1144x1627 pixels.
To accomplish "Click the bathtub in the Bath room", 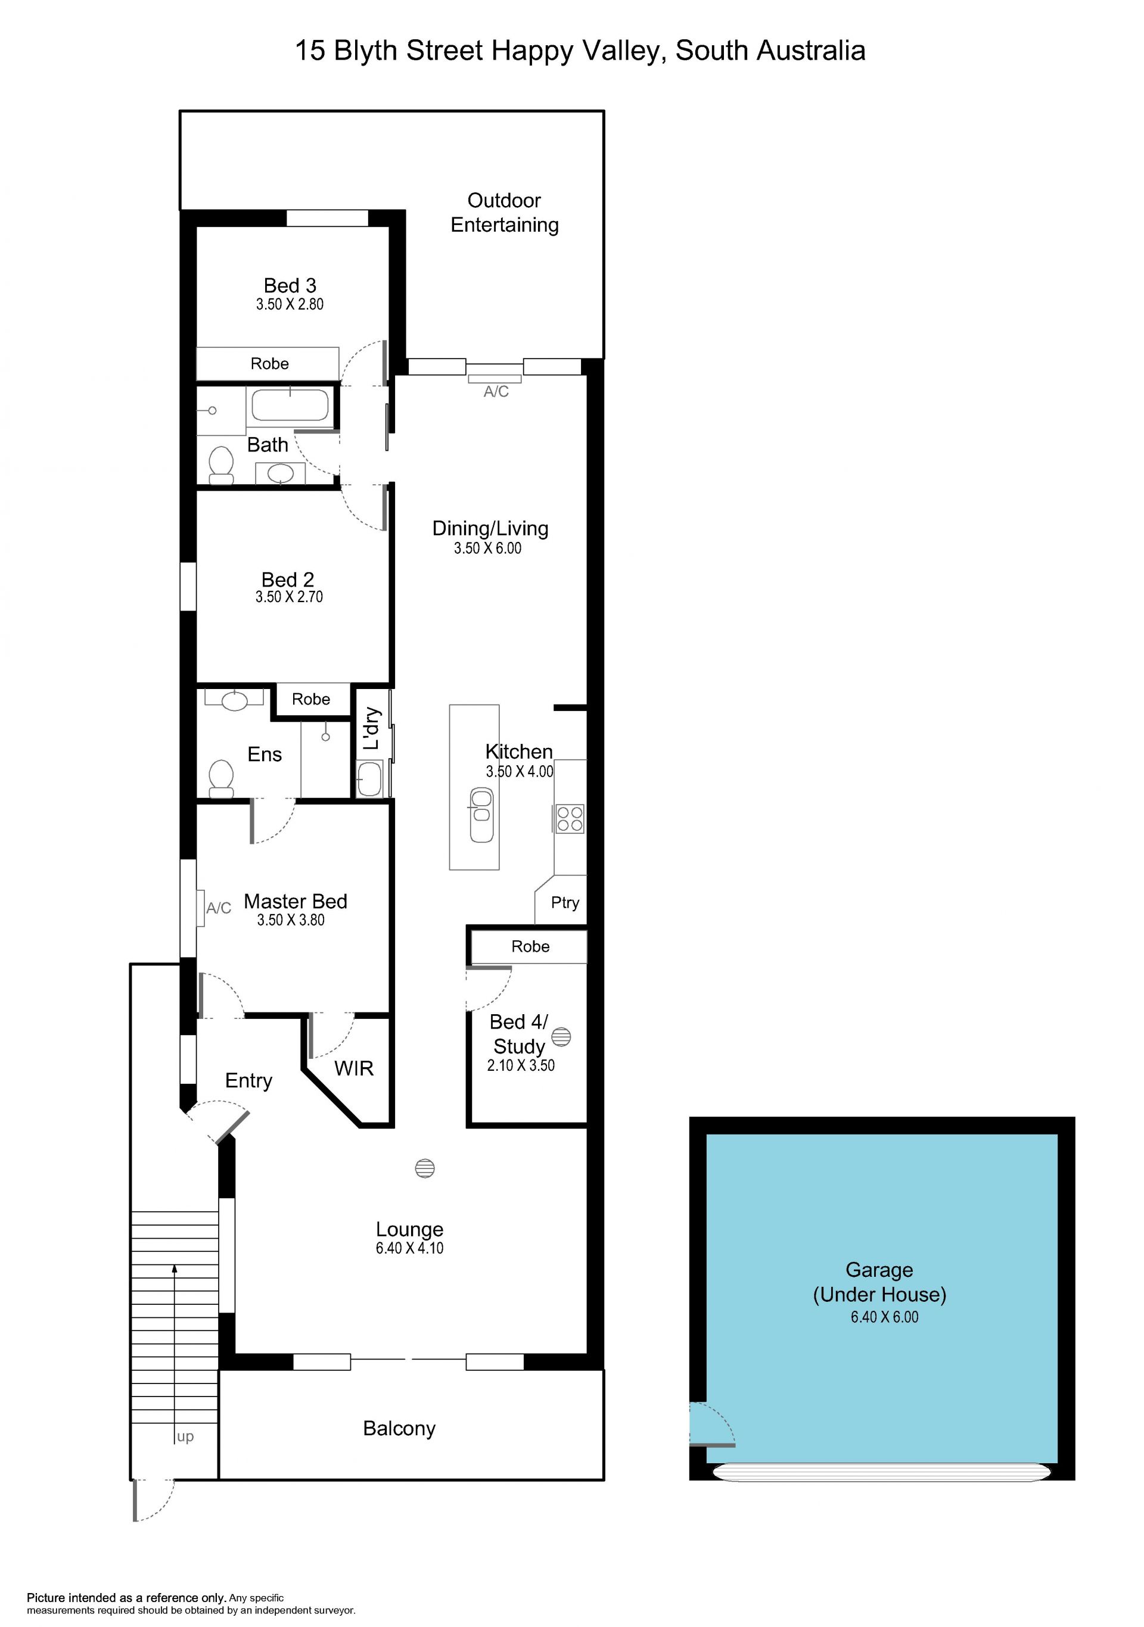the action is coord(291,404).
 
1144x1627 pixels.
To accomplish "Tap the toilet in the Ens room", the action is coord(221,778).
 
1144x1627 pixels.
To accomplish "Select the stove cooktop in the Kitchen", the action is coord(569,818).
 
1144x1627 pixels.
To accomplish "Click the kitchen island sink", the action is coord(481,815).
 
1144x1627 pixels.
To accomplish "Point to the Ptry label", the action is coord(565,903).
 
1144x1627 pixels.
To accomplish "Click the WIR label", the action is coord(354,1068).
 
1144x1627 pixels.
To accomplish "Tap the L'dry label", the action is coord(371,728).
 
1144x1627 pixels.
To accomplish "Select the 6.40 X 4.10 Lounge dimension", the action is coord(410,1248).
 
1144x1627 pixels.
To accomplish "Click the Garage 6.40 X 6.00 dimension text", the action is coord(885,1317).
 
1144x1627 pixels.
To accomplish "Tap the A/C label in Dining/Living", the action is coord(496,391).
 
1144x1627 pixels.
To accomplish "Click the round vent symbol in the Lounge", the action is coord(425,1168).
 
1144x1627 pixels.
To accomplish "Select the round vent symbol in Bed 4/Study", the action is coord(561,1037).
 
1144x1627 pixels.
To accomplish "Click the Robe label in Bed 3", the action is coord(269,363).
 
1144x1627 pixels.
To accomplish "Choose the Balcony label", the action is coord(399,1429).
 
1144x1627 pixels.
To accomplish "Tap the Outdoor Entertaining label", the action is coord(505,213).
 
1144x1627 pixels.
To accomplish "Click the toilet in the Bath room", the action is coord(222,463).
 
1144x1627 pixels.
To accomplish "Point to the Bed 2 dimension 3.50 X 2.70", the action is coord(289,597).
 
